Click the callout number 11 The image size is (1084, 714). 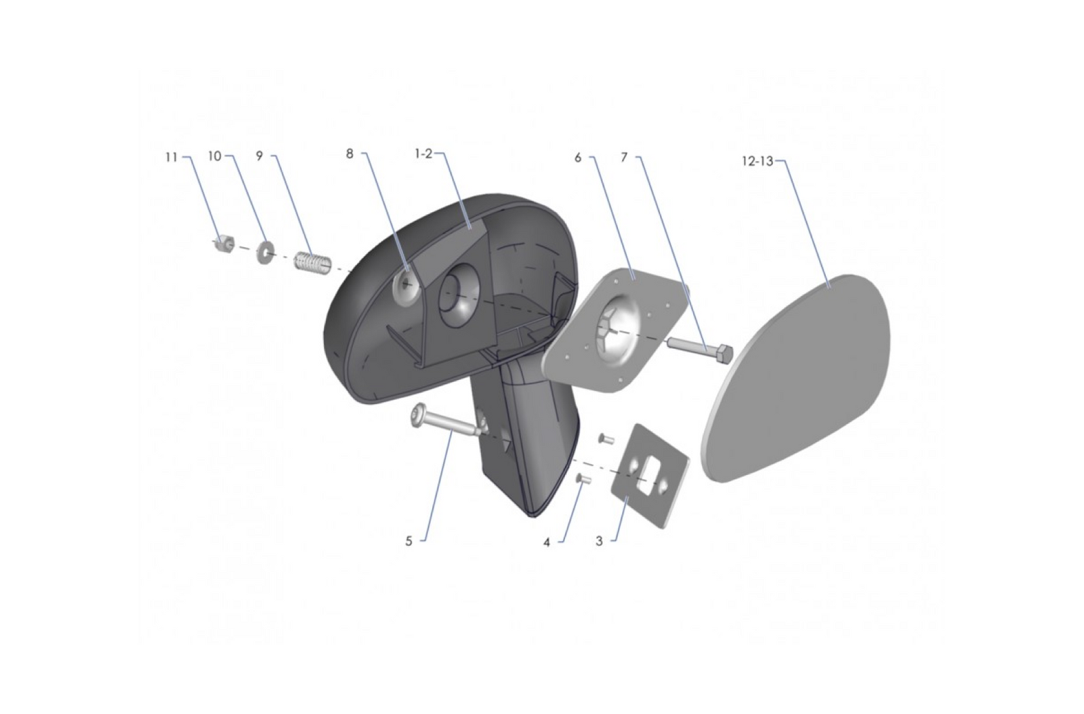pos(171,157)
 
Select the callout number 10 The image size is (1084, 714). pos(215,156)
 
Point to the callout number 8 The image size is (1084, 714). pos(350,154)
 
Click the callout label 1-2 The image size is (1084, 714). pos(423,154)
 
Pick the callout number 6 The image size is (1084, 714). pos(578,158)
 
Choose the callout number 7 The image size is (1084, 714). pos(624,158)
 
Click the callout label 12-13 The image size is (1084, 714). pos(757,162)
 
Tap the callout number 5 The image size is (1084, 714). pos(409,541)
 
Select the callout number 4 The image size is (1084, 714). pos(547,543)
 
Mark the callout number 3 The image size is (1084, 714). pos(599,541)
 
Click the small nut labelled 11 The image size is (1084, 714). pos(224,243)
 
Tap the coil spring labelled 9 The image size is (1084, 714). pos(312,261)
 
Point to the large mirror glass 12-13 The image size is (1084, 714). pos(799,379)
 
